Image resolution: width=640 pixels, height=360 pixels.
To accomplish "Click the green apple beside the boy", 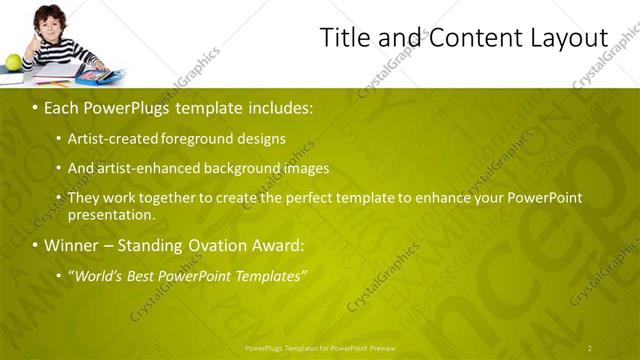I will (13, 62).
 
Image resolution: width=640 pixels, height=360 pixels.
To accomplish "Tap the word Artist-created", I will (106, 138).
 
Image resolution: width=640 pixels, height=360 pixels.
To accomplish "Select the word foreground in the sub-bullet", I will (190, 138).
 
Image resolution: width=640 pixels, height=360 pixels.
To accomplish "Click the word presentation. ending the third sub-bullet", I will (111, 215).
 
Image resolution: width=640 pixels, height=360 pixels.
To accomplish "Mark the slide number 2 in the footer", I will (590, 348).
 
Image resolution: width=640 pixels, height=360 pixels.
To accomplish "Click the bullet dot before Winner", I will (35, 245).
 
